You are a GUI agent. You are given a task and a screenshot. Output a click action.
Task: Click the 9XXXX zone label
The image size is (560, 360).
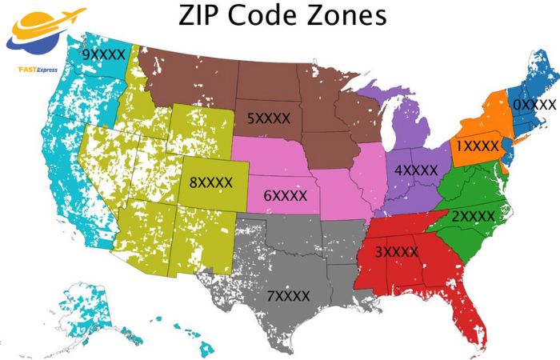105,54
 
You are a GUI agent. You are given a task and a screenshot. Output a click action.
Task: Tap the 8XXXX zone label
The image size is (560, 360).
210,182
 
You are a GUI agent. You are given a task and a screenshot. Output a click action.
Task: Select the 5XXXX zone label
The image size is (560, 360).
268,119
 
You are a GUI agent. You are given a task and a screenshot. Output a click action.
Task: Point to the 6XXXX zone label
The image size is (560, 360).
286,195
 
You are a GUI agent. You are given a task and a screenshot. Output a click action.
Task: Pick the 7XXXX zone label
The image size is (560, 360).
288,296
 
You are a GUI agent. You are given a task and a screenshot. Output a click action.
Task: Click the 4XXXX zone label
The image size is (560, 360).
416,170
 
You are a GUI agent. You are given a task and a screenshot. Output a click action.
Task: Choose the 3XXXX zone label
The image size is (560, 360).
397,252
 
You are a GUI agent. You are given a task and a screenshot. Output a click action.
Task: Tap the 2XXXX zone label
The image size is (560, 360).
473,216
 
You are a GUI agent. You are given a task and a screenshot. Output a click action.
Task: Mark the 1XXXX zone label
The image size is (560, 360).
477,146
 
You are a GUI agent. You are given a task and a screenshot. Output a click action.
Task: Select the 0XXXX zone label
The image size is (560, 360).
534,105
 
